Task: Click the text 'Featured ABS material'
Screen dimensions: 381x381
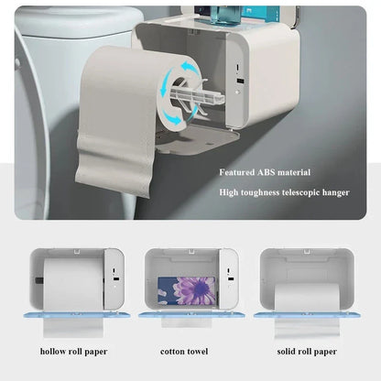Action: point(264,172)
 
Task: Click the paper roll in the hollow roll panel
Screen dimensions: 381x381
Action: point(72,283)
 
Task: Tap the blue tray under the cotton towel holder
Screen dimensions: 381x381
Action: point(188,314)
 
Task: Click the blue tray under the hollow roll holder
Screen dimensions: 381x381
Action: point(72,314)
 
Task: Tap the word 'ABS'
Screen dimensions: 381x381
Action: point(271,172)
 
